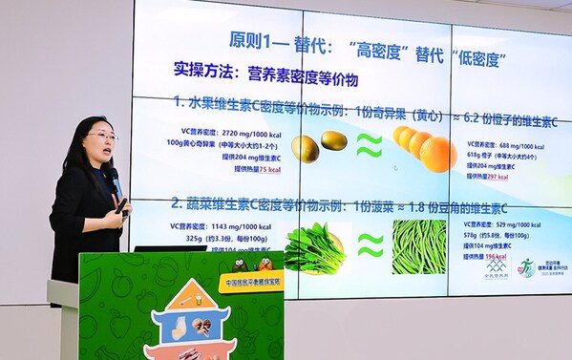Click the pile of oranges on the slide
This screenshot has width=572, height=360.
tap(423, 148)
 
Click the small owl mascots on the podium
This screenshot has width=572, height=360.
tap(250, 265)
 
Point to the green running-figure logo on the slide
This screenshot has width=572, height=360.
tap(526, 266)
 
